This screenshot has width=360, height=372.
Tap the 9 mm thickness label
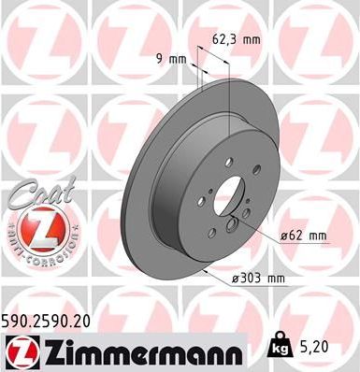click(171, 59)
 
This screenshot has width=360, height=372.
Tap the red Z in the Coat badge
click(34, 227)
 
